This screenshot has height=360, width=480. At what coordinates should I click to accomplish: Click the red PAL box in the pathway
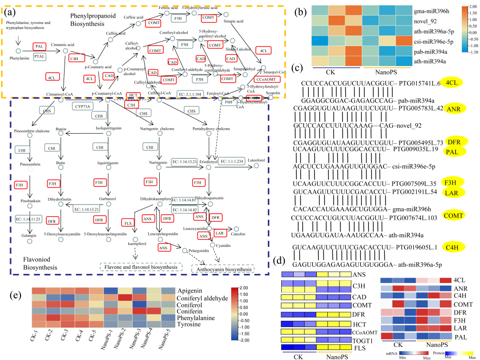click(40, 46)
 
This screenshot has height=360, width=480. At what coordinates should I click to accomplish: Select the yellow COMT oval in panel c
click(453, 215)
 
